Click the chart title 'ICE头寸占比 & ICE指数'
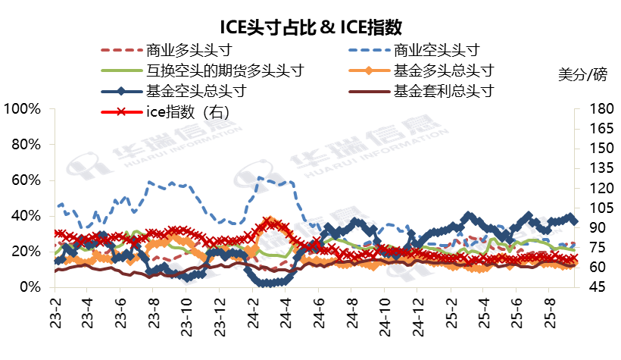310,28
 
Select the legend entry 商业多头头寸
187,51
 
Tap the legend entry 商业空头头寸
437,51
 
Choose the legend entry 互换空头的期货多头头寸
225,71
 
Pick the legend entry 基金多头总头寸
445,71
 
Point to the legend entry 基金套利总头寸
445,92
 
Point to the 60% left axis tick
25,180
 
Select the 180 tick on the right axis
594,109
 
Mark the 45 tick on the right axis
591,287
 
